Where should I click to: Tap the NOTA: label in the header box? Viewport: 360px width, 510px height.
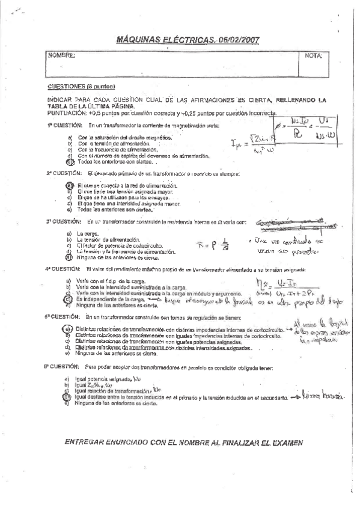tap(314, 55)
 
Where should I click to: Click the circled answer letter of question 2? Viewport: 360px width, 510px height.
tap(70, 186)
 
